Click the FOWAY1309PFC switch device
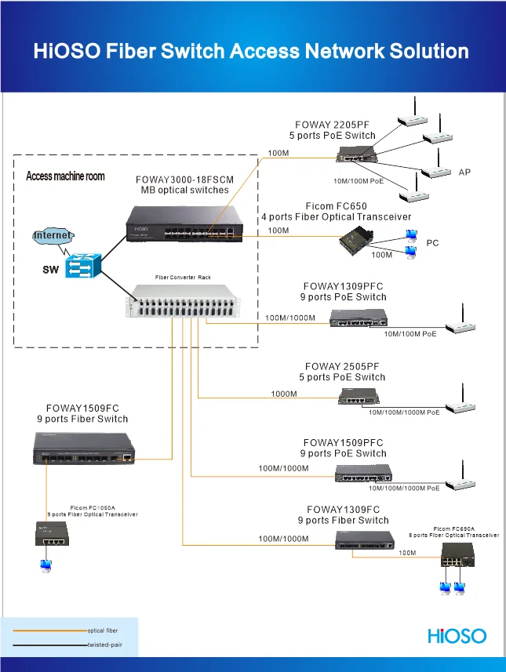point(359,317)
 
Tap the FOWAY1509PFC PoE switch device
point(362,473)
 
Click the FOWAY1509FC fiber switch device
point(82,451)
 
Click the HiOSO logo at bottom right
point(457,635)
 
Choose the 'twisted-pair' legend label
point(104,645)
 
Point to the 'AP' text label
point(464,171)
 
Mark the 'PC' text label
point(432,243)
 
